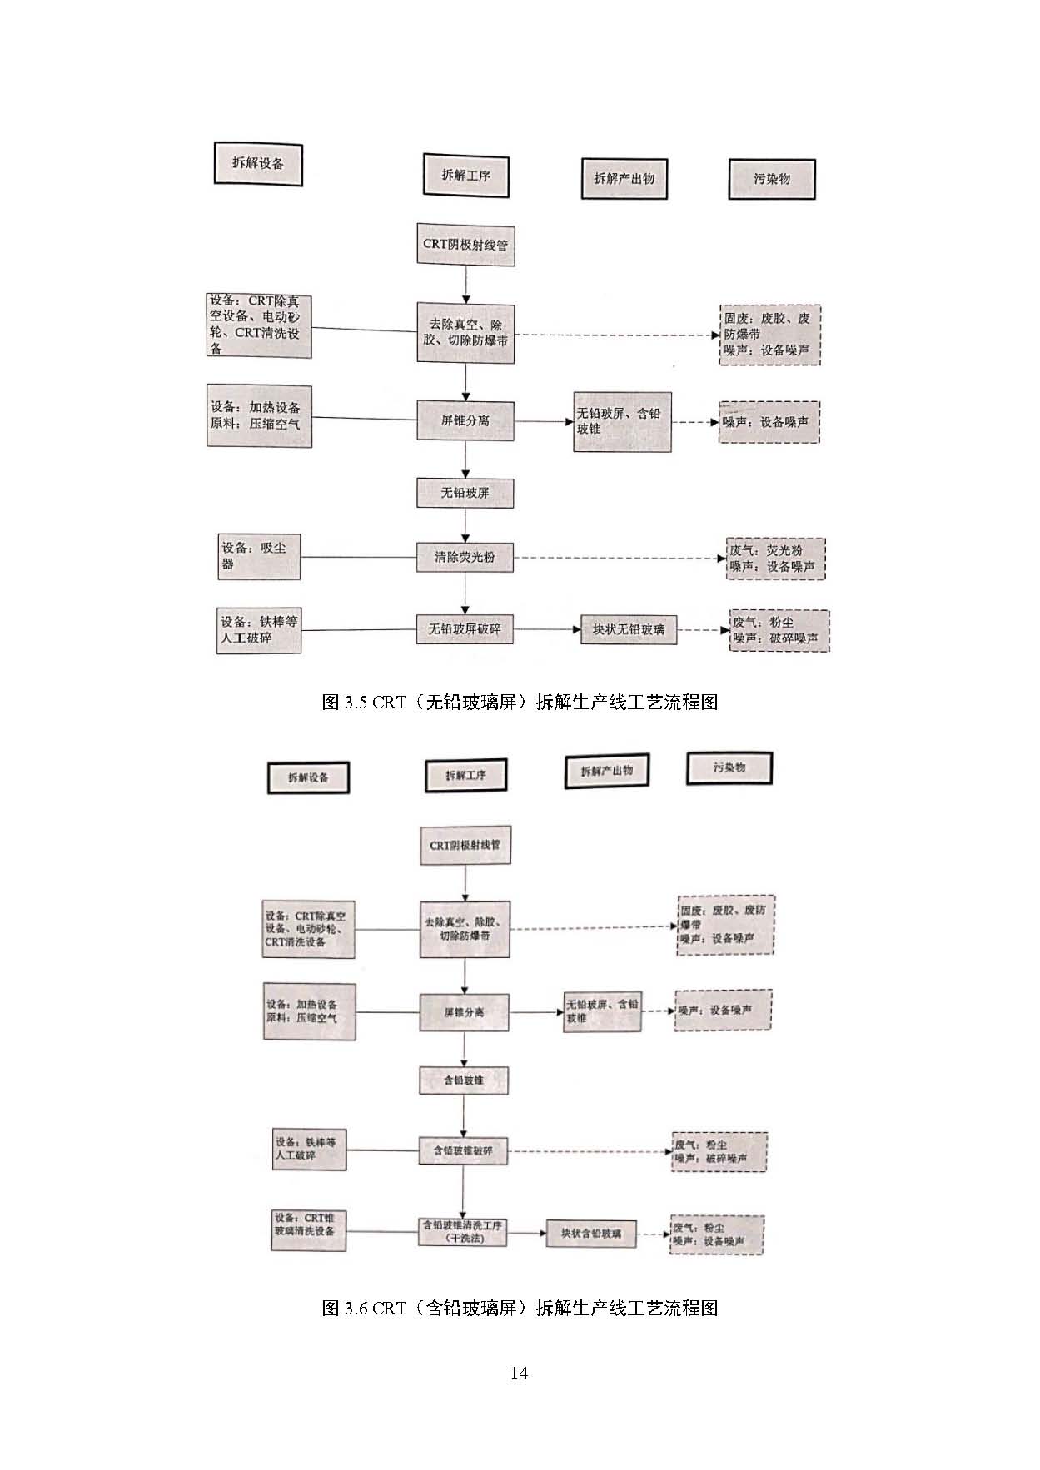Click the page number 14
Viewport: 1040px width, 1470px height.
[x=519, y=1373]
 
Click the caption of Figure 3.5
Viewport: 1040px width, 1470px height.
[x=520, y=702]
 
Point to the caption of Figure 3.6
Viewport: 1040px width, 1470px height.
[x=520, y=1308]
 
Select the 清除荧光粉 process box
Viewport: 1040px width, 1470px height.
[x=465, y=557]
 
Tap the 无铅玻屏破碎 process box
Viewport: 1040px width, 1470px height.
[x=465, y=629]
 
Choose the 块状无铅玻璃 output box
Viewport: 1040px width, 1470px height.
[x=629, y=629]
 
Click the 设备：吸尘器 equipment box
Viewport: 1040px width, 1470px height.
[x=258, y=556]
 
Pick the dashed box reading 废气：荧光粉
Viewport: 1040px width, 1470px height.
[x=775, y=559]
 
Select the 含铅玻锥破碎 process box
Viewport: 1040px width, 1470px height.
[x=463, y=1151]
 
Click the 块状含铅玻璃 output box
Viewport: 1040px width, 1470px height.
[x=591, y=1233]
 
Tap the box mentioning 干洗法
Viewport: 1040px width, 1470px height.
[x=463, y=1231]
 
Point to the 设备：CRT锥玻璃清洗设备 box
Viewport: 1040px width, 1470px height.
[x=309, y=1230]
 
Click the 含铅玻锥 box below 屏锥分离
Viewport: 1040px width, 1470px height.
[x=463, y=1080]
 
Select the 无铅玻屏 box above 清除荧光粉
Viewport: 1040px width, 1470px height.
[x=465, y=493]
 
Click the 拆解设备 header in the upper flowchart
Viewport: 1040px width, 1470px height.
[x=258, y=164]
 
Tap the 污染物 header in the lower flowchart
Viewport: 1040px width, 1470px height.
[x=729, y=767]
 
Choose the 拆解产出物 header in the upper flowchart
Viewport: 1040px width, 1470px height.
[x=624, y=178]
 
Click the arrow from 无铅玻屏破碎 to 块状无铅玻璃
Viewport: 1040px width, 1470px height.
[x=546, y=629]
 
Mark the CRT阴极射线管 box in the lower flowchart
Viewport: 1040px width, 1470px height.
[x=465, y=845]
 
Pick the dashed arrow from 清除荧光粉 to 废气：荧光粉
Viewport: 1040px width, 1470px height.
[x=620, y=558]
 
